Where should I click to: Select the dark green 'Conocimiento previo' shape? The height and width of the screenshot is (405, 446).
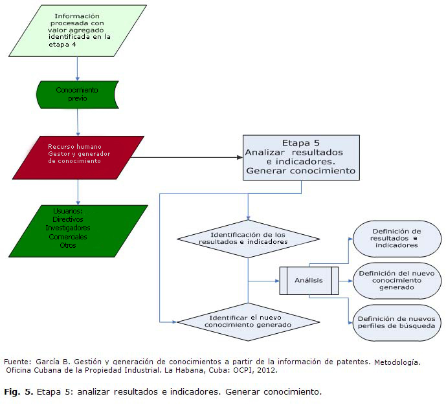point(77,95)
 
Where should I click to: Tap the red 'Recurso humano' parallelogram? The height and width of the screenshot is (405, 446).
point(78,157)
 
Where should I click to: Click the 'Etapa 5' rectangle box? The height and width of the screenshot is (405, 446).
point(301,157)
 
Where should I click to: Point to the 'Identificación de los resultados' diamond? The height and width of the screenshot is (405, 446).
point(249,237)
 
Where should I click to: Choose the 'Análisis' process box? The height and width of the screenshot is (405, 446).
point(309,281)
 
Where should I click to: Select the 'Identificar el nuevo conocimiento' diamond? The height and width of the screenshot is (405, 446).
point(249,322)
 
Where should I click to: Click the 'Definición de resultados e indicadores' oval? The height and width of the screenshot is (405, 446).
point(396,238)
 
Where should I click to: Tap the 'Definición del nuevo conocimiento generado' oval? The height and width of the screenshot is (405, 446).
point(396,281)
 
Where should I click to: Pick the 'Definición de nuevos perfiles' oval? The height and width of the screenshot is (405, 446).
point(396,323)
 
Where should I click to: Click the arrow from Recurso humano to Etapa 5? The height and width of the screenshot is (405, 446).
point(188,157)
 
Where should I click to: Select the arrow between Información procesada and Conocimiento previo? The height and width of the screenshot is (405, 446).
point(77,67)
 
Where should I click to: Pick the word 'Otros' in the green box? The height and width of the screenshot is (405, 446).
point(68,245)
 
